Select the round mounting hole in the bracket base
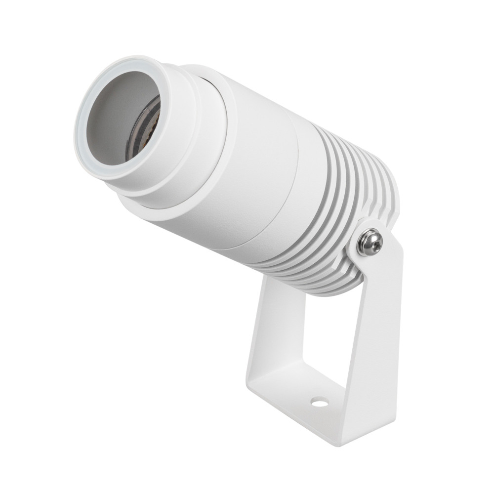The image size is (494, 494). [x=319, y=403]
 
